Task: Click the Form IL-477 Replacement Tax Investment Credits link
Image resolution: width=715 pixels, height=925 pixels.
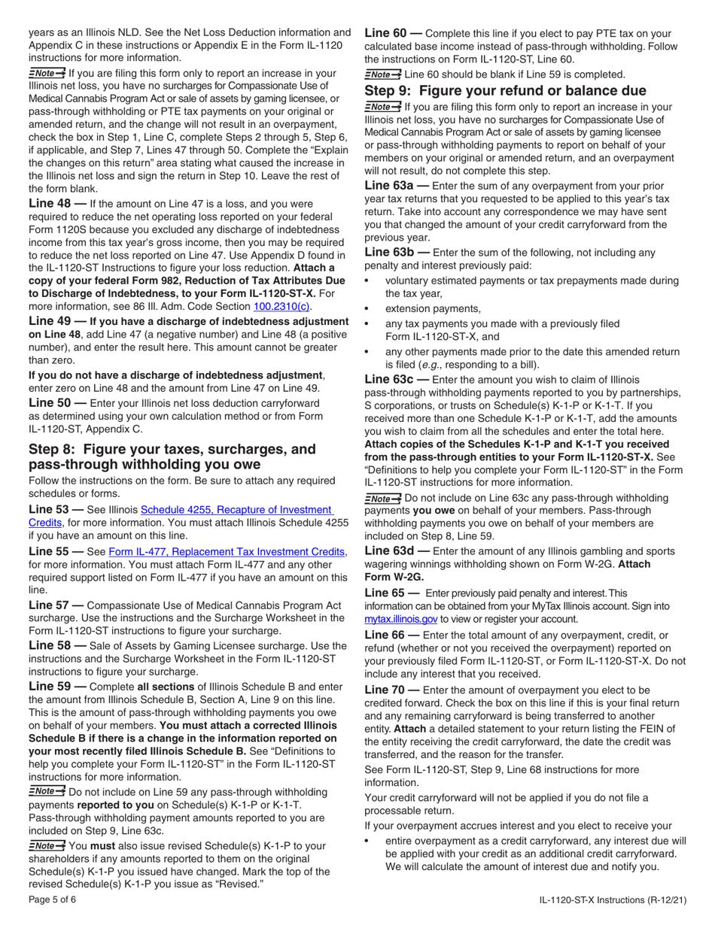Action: click(x=227, y=551)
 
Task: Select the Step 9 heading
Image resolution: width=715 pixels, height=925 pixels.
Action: click(x=505, y=90)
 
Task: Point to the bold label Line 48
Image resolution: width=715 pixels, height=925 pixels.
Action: click(x=50, y=203)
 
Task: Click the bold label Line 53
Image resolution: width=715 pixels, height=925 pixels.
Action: click(x=50, y=510)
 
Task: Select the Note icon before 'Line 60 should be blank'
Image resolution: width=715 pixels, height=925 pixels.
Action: click(x=382, y=74)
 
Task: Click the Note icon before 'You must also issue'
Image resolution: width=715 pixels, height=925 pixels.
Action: click(x=47, y=845)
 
